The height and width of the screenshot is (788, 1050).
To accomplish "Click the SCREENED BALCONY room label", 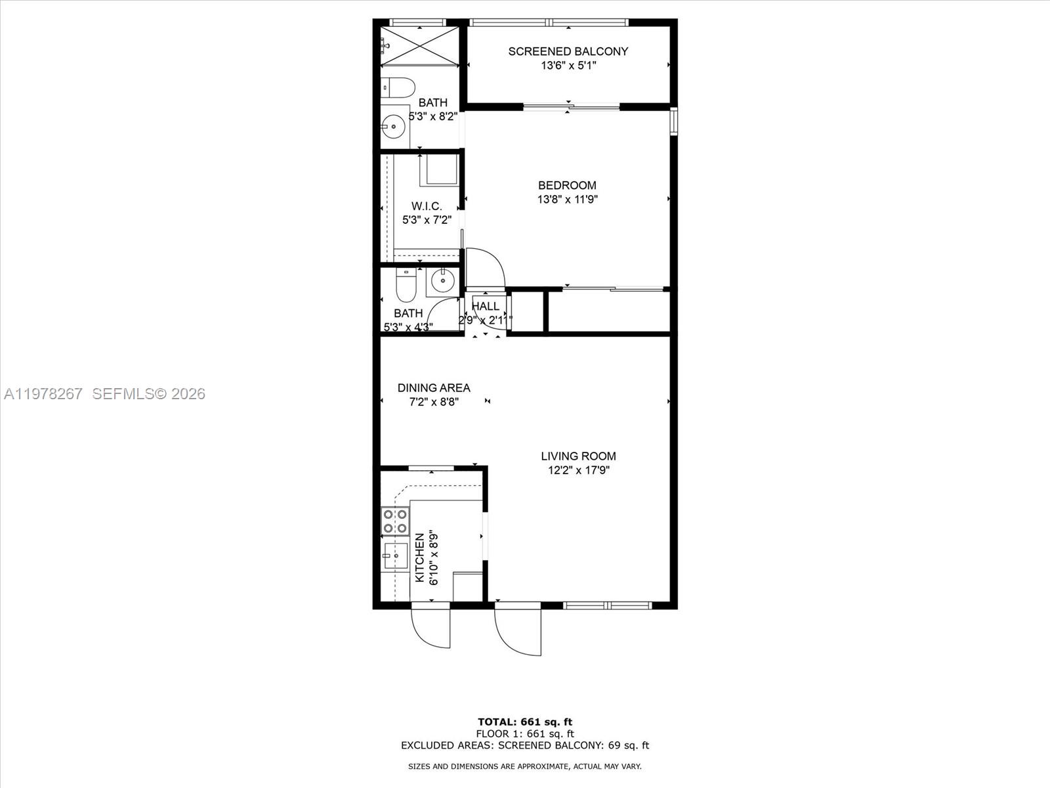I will pos(568,51).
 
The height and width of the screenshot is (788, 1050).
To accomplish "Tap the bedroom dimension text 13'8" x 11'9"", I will pos(567,200).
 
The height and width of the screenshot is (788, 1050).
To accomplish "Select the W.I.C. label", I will pos(427,206).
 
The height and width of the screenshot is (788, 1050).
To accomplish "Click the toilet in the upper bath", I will pos(398,87).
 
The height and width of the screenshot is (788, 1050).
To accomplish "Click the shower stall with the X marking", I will pos(420,45).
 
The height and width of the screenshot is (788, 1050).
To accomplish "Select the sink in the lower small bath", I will pos(443,281).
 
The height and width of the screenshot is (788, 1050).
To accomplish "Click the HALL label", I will pos(486,306).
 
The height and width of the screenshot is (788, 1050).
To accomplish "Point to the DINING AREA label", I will pos(434,387).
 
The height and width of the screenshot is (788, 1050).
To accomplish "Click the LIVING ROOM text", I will pos(578,456).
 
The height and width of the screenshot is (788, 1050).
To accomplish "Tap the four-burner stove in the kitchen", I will pos(396,521).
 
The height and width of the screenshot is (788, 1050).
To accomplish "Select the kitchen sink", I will pos(395,556).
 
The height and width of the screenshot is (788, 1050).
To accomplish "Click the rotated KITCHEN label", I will pos(420,557).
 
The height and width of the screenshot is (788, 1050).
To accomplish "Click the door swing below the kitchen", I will pos(430,627).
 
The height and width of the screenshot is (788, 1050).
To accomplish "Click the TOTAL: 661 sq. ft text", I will pos(524,722).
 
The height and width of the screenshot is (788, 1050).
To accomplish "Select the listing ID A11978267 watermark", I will pos(43,394).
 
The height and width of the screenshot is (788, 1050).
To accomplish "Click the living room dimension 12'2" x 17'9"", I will pos(578,470).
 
